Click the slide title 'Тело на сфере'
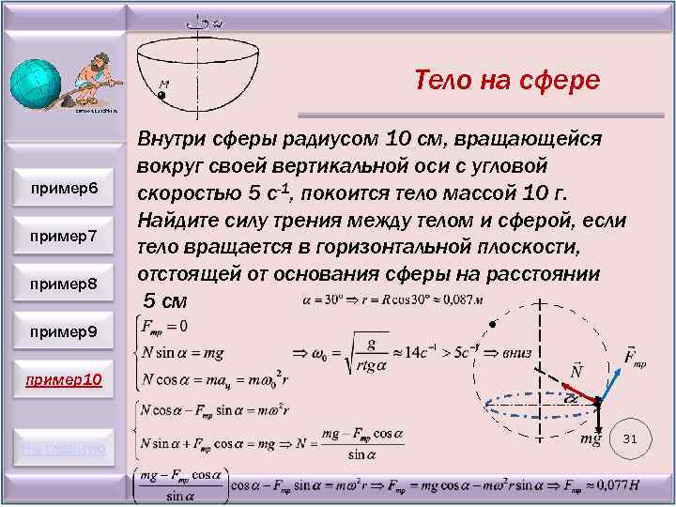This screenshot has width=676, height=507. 506,81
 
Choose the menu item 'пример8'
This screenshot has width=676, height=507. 64,283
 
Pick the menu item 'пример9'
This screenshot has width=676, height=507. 64,331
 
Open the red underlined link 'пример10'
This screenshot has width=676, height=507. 64,380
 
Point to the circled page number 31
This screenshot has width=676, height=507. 630,438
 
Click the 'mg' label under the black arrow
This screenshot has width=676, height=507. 590,439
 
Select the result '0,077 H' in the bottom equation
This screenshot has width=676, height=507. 636,486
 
